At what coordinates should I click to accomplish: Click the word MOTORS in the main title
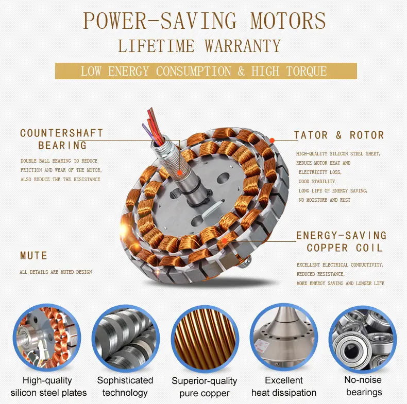point(288,21)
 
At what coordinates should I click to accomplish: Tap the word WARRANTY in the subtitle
point(243,46)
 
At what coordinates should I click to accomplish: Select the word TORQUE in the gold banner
point(307,71)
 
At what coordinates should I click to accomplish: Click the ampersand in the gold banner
point(241,71)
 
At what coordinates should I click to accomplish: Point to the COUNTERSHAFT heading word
point(62,133)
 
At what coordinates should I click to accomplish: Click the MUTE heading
point(33,255)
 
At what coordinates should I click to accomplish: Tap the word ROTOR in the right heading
point(367,135)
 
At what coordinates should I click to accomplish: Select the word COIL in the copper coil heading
point(369,248)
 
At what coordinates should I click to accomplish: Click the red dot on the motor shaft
point(179,173)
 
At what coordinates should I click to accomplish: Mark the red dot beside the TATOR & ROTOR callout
point(272,140)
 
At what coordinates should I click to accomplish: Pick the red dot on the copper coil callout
point(225,241)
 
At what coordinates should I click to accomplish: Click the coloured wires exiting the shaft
point(153,127)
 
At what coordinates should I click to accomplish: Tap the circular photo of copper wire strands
point(205,339)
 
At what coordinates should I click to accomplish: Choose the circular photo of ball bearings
point(363,339)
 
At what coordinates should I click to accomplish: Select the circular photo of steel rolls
point(126,339)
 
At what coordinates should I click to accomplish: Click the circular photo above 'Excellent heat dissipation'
point(284,338)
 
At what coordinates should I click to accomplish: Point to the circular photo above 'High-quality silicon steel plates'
point(47,338)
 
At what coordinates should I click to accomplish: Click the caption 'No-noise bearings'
point(363,386)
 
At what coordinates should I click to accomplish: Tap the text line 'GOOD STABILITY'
point(317,182)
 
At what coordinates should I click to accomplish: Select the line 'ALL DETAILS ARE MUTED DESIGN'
point(56,272)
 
